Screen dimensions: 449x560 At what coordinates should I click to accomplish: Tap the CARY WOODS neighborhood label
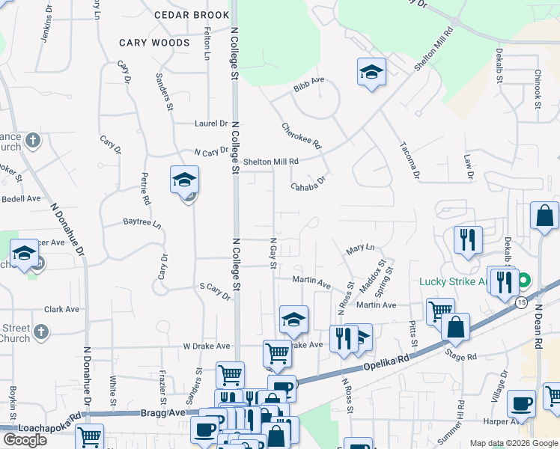154,43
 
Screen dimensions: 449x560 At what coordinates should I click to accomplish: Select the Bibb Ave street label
309,84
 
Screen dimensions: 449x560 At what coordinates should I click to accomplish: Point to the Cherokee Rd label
301,135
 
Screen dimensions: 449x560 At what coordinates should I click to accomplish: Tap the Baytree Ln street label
142,223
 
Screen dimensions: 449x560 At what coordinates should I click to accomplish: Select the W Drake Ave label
206,346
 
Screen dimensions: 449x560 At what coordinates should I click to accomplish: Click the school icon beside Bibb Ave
371,73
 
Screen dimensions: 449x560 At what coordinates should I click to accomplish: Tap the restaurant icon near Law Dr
468,240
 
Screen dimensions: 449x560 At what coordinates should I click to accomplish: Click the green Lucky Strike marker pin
523,282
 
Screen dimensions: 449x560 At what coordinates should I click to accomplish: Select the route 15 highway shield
520,302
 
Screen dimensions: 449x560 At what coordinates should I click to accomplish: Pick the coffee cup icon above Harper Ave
521,404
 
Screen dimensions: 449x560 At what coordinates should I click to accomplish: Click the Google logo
25,440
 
